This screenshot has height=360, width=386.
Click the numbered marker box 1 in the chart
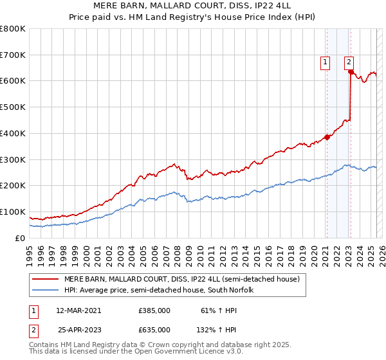pos(326,62)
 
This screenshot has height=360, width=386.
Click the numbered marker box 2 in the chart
pos(349,62)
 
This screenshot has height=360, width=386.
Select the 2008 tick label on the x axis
pos(178,253)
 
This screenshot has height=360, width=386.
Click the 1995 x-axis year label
pos(30,253)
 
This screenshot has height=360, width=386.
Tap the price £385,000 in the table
pos(154,310)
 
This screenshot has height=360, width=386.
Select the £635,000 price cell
pos(154,330)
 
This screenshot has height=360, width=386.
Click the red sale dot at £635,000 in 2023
pos(351,72)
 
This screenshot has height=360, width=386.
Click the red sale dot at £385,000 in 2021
pos(327,137)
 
